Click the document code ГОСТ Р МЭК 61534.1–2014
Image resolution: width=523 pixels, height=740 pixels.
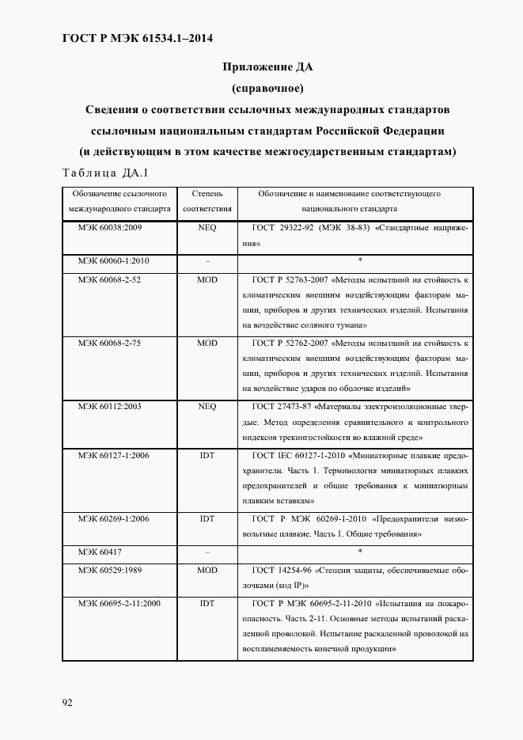pyautogui.click(x=137, y=38)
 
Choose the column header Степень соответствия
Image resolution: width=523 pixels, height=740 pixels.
pyautogui.click(x=207, y=202)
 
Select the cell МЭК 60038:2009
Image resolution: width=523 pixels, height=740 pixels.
pyautogui.click(x=109, y=226)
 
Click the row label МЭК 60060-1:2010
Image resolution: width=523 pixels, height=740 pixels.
pyautogui.click(x=113, y=260)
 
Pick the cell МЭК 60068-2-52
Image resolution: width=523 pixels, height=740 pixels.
pyautogui.click(x=109, y=279)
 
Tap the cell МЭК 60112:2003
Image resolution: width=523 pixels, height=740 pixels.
pyautogui.click(x=109, y=406)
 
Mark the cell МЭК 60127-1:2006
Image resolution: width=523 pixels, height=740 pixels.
pyautogui.click(x=113, y=456)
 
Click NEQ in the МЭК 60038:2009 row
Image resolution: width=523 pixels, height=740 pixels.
pyautogui.click(x=207, y=226)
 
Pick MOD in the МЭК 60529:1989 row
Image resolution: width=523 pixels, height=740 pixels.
pyautogui.click(x=207, y=569)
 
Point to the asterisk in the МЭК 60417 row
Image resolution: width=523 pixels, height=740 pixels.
pyautogui.click(x=360, y=550)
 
